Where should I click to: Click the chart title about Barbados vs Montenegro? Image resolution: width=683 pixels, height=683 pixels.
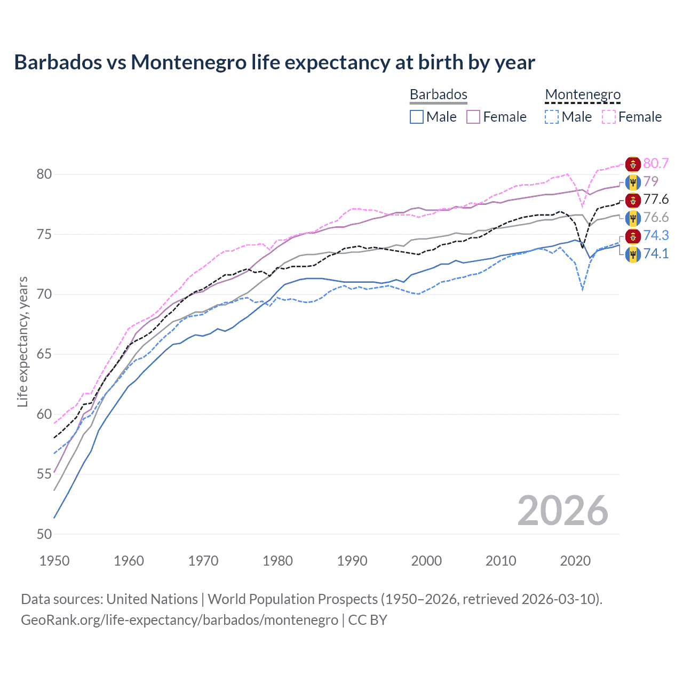pos(274,62)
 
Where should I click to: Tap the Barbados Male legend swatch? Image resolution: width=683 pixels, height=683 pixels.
pos(417,117)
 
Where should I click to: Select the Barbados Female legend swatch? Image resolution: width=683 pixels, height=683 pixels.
pos(473,117)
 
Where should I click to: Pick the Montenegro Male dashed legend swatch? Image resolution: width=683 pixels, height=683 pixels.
pos(552,117)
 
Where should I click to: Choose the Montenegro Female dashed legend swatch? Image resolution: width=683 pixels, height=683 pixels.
pos(609,117)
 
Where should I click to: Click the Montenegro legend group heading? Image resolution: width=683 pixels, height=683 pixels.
pos(583,95)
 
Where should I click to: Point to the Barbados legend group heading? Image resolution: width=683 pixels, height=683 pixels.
pos(439,95)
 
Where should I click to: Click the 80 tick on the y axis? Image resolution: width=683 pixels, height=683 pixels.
pos(44,174)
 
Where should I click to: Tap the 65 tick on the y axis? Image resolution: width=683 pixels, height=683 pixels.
pos(44,354)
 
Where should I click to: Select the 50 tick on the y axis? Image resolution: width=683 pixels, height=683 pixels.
pos(44,534)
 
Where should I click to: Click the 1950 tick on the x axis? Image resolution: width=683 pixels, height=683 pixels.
pos(54,561)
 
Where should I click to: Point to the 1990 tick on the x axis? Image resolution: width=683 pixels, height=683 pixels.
pos(352,561)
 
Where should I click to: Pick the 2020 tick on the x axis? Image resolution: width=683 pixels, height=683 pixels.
pos(575,561)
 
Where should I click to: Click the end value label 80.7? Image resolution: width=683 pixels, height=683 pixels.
pos(656,164)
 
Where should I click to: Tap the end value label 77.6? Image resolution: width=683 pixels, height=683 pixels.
pos(656,200)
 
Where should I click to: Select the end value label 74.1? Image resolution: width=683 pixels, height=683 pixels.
pos(656,253)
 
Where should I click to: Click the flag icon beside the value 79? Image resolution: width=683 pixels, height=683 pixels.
pos(633,182)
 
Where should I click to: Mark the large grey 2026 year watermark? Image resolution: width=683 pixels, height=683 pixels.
pos(562,511)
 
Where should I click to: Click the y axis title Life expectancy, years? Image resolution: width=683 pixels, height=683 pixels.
pos(22,341)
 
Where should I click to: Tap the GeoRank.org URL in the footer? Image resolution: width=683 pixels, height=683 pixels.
pos(179,620)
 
